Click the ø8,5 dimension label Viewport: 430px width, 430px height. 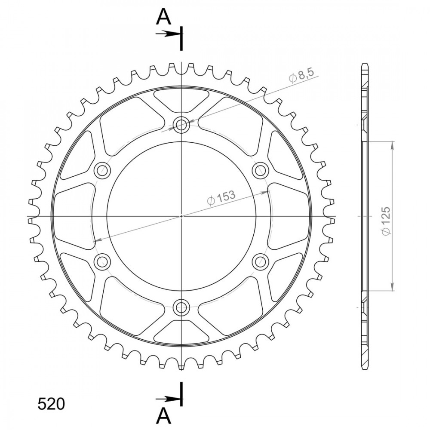[301, 75]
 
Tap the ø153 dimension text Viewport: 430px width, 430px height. [221, 197]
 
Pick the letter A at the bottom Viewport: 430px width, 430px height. [163, 416]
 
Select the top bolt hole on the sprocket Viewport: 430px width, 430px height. [181, 125]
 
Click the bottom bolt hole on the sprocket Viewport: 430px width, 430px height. [181, 307]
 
